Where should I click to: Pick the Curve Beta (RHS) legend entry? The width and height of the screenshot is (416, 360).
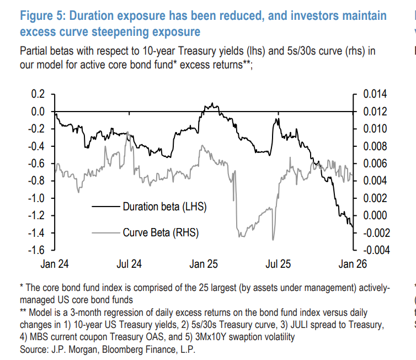pos(160,232)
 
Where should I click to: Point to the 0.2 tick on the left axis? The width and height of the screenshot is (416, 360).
pos(37,94)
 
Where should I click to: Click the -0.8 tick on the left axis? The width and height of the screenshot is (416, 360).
pos(35,181)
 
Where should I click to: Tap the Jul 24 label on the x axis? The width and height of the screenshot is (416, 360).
pos(129,264)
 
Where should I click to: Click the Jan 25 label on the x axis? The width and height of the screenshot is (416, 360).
pos(204,264)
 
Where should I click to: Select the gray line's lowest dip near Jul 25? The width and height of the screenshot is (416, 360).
pos(273,240)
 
